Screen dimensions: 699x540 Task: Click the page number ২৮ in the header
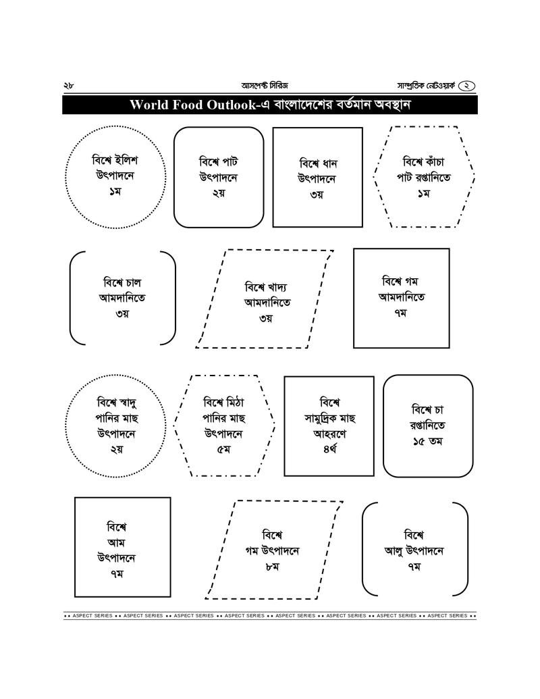coord(68,86)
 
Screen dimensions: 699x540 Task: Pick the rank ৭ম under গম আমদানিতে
coord(402,313)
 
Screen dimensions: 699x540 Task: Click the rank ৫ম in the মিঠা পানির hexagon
coord(225,449)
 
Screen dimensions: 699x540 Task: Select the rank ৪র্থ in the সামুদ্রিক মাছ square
coord(329,449)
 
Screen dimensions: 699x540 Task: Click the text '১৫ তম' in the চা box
coord(428,442)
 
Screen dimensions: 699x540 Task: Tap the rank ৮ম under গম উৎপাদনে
coord(272,567)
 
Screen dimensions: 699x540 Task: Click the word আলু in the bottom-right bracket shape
coord(394,551)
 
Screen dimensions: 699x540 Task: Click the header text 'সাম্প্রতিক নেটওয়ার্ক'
coord(427,86)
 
